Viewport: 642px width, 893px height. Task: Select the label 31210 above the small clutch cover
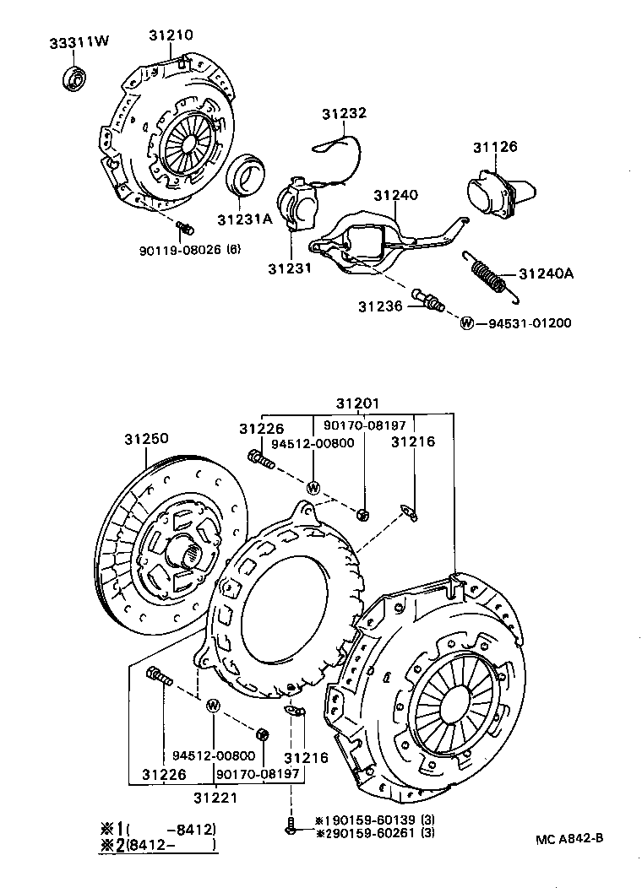(171, 35)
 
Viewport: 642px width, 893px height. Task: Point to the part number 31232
(343, 114)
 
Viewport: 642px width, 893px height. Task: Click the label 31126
(494, 148)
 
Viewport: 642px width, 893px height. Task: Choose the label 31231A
(245, 219)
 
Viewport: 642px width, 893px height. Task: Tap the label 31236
(381, 306)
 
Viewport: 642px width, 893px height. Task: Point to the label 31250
(146, 439)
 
